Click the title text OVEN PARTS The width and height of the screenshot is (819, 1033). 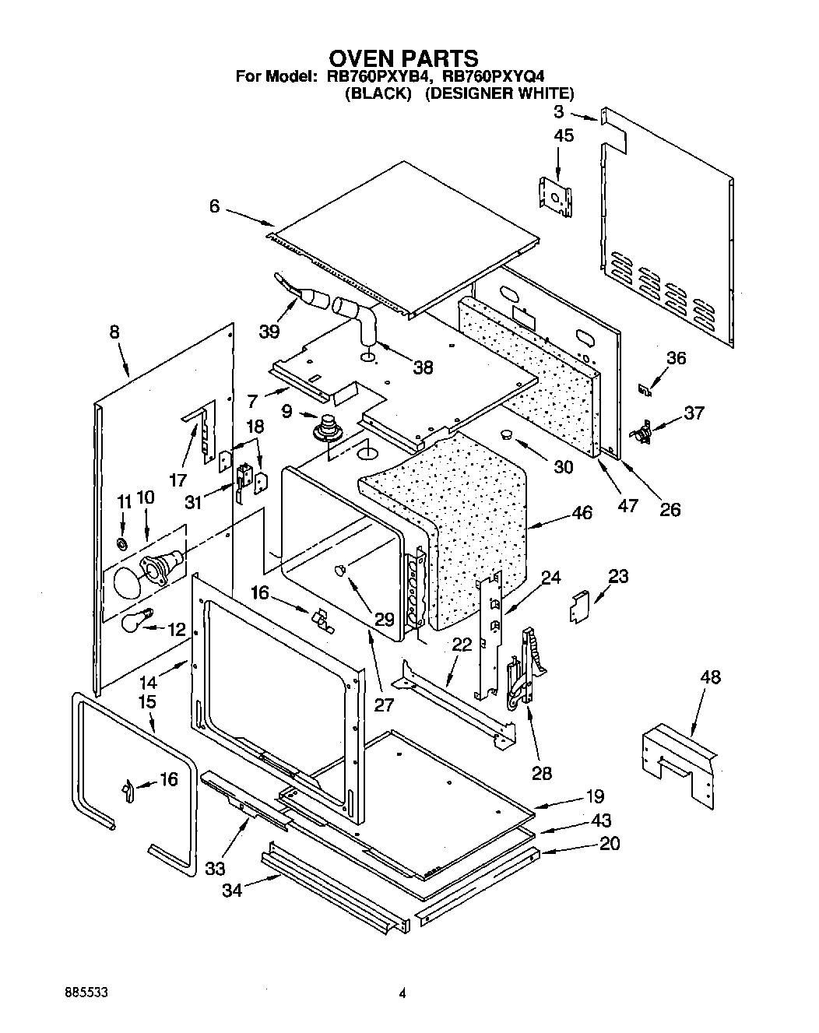click(403, 58)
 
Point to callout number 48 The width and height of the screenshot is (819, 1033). click(709, 677)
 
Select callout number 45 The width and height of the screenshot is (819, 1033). click(563, 136)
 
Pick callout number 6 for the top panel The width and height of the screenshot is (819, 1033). click(214, 206)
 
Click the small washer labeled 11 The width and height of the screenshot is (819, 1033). click(122, 542)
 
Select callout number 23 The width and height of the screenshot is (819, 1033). click(618, 577)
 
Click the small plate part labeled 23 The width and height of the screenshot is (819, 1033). click(579, 607)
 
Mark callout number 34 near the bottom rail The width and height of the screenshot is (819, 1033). click(232, 890)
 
